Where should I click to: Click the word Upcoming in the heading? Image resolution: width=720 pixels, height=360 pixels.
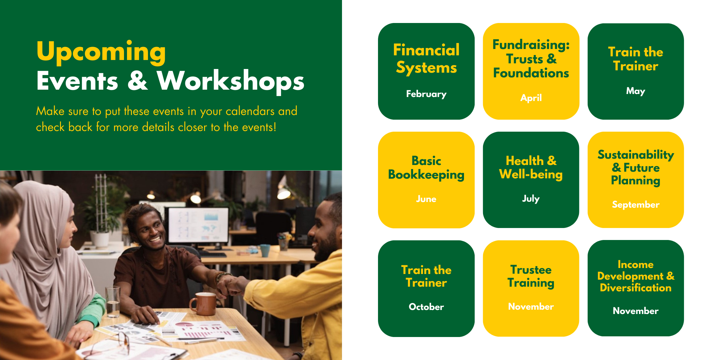101,52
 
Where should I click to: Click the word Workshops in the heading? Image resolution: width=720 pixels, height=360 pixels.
231,81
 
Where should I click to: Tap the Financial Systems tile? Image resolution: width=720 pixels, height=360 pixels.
426,71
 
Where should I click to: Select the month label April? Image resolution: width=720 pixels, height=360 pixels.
531,98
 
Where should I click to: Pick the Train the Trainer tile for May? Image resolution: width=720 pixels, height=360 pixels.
636,71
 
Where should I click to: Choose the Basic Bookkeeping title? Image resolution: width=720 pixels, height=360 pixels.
426,168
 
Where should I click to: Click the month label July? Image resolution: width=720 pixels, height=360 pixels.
531,199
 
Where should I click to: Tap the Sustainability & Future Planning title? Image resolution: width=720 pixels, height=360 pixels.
636,168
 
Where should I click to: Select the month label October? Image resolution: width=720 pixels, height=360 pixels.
426,307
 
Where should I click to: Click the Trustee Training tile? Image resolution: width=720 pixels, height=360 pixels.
531,288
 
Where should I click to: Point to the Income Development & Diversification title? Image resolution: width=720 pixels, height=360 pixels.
636,276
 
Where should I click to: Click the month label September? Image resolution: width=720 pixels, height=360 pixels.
636,205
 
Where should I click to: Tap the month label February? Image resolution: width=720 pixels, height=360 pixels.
426,94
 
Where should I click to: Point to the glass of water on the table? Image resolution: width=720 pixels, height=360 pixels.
113,302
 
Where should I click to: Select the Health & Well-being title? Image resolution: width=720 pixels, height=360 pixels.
531,167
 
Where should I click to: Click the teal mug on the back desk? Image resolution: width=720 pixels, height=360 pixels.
265,250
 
